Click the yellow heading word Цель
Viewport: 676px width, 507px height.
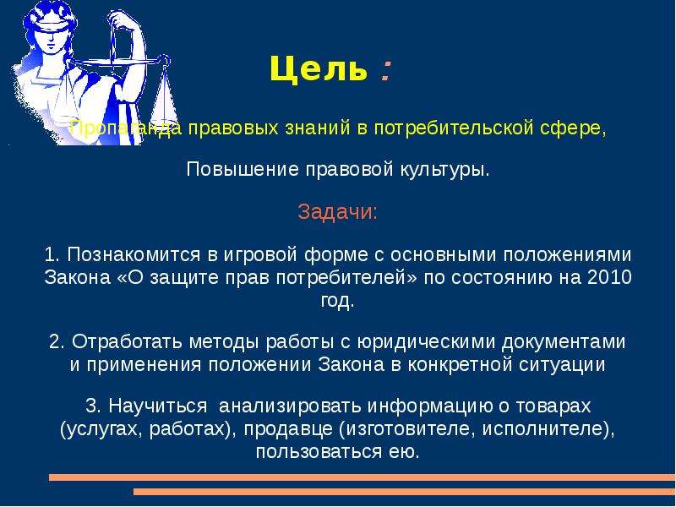[x=319, y=69]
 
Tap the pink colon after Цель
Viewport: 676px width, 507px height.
[x=386, y=71]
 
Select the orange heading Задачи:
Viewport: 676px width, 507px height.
[x=337, y=212]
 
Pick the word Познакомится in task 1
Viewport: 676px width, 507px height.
[x=134, y=254]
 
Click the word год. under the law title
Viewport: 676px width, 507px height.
[x=337, y=301]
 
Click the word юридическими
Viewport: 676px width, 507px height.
[x=426, y=342]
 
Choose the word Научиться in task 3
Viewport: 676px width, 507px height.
[x=158, y=406]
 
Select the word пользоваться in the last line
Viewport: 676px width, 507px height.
[x=319, y=452]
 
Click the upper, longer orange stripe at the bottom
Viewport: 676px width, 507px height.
[x=363, y=477]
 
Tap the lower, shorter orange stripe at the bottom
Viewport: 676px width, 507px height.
[x=405, y=492]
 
